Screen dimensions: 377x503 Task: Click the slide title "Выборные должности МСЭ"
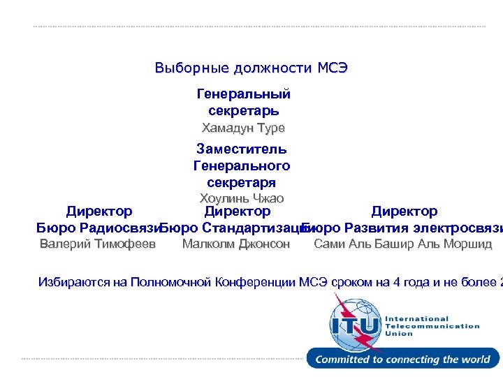(x=251, y=68)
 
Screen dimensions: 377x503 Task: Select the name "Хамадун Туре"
(x=243, y=128)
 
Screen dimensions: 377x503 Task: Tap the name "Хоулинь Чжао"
(x=242, y=198)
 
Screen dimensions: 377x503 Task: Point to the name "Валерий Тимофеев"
(x=98, y=244)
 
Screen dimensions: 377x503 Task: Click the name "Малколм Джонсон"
(x=235, y=244)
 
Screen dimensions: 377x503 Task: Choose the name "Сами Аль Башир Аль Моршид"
(x=403, y=244)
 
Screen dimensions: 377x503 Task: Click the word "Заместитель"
(x=242, y=149)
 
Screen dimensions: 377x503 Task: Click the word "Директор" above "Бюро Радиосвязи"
(x=99, y=211)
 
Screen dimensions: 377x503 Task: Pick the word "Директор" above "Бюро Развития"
(x=404, y=211)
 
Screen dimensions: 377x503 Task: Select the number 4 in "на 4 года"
(x=398, y=282)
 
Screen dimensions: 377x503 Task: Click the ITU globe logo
(x=356, y=323)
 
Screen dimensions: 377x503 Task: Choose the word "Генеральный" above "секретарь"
(x=244, y=94)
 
